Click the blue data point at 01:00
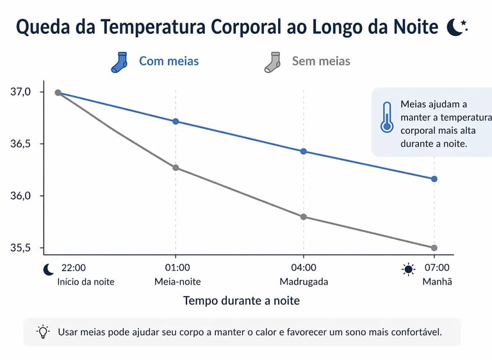[176, 121]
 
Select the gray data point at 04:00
[304, 217]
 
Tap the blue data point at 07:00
[434, 179]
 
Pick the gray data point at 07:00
[434, 248]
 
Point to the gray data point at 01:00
[176, 168]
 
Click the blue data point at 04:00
[304, 151]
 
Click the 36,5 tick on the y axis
[20, 144]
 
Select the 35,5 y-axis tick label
[20, 248]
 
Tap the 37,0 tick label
[20, 92]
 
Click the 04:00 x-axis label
[304, 268]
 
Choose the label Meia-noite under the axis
[177, 281]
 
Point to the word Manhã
[437, 281]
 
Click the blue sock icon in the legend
[120, 62]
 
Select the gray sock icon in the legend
[273, 62]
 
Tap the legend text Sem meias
[321, 61]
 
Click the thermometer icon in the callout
[386, 117]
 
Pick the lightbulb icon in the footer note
[43, 332]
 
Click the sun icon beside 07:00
[409, 269]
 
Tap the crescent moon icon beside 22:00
[48, 269]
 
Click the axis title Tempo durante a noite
[242, 300]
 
